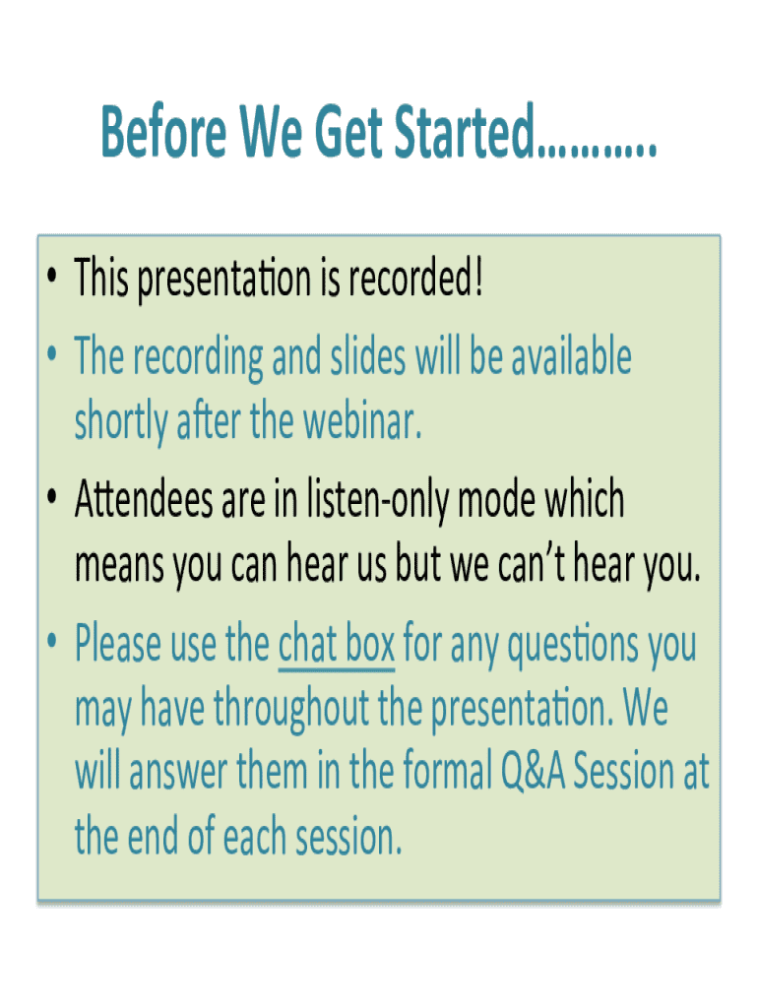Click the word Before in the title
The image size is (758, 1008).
164,131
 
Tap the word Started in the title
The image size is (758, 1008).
464,131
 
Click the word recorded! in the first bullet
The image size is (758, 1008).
415,278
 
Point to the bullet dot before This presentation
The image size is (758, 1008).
52,277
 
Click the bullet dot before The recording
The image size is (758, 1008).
52,353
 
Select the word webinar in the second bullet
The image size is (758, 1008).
362,421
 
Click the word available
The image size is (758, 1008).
572,355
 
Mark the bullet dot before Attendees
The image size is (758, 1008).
52,496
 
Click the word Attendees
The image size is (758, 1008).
144,499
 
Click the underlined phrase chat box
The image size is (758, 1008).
337,642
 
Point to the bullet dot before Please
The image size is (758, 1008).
52,640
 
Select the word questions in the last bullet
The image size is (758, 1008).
574,645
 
